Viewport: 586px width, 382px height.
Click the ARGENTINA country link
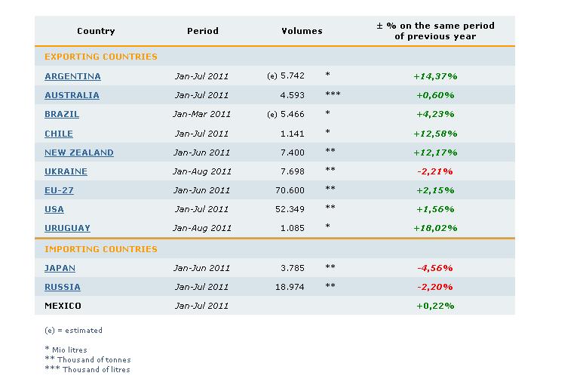pyautogui.click(x=72, y=76)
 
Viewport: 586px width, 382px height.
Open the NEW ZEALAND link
pyautogui.click(x=79, y=152)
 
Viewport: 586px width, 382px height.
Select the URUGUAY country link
pyautogui.click(x=67, y=228)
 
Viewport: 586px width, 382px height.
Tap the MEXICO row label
pyautogui.click(x=63, y=306)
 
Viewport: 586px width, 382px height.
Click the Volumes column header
pyautogui.click(x=302, y=31)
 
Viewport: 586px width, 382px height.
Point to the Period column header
pyautogui.click(x=203, y=31)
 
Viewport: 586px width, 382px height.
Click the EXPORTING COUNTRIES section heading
pyautogui.click(x=101, y=57)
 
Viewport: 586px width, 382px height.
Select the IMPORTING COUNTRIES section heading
pyautogui.click(x=101, y=249)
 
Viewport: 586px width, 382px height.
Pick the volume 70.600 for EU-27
pyautogui.click(x=290, y=190)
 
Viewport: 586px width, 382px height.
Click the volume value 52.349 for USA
pyautogui.click(x=290, y=210)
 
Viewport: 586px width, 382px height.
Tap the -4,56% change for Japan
pyautogui.click(x=435, y=268)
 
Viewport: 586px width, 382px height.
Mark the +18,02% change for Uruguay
pyautogui.click(x=435, y=228)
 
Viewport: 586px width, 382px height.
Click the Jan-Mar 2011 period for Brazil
pyautogui.click(x=202, y=114)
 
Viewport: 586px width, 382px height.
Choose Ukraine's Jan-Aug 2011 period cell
pyautogui.click(x=202, y=171)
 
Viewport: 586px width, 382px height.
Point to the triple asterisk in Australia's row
pyautogui.click(x=333, y=94)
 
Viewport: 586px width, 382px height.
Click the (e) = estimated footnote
pyautogui.click(x=73, y=331)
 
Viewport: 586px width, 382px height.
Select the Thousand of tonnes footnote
pyautogui.click(x=87, y=359)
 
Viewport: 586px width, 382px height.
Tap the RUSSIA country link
pyautogui.click(x=63, y=288)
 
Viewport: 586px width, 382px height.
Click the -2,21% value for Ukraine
pyautogui.click(x=435, y=171)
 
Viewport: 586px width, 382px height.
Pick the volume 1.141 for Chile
pyautogui.click(x=293, y=134)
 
